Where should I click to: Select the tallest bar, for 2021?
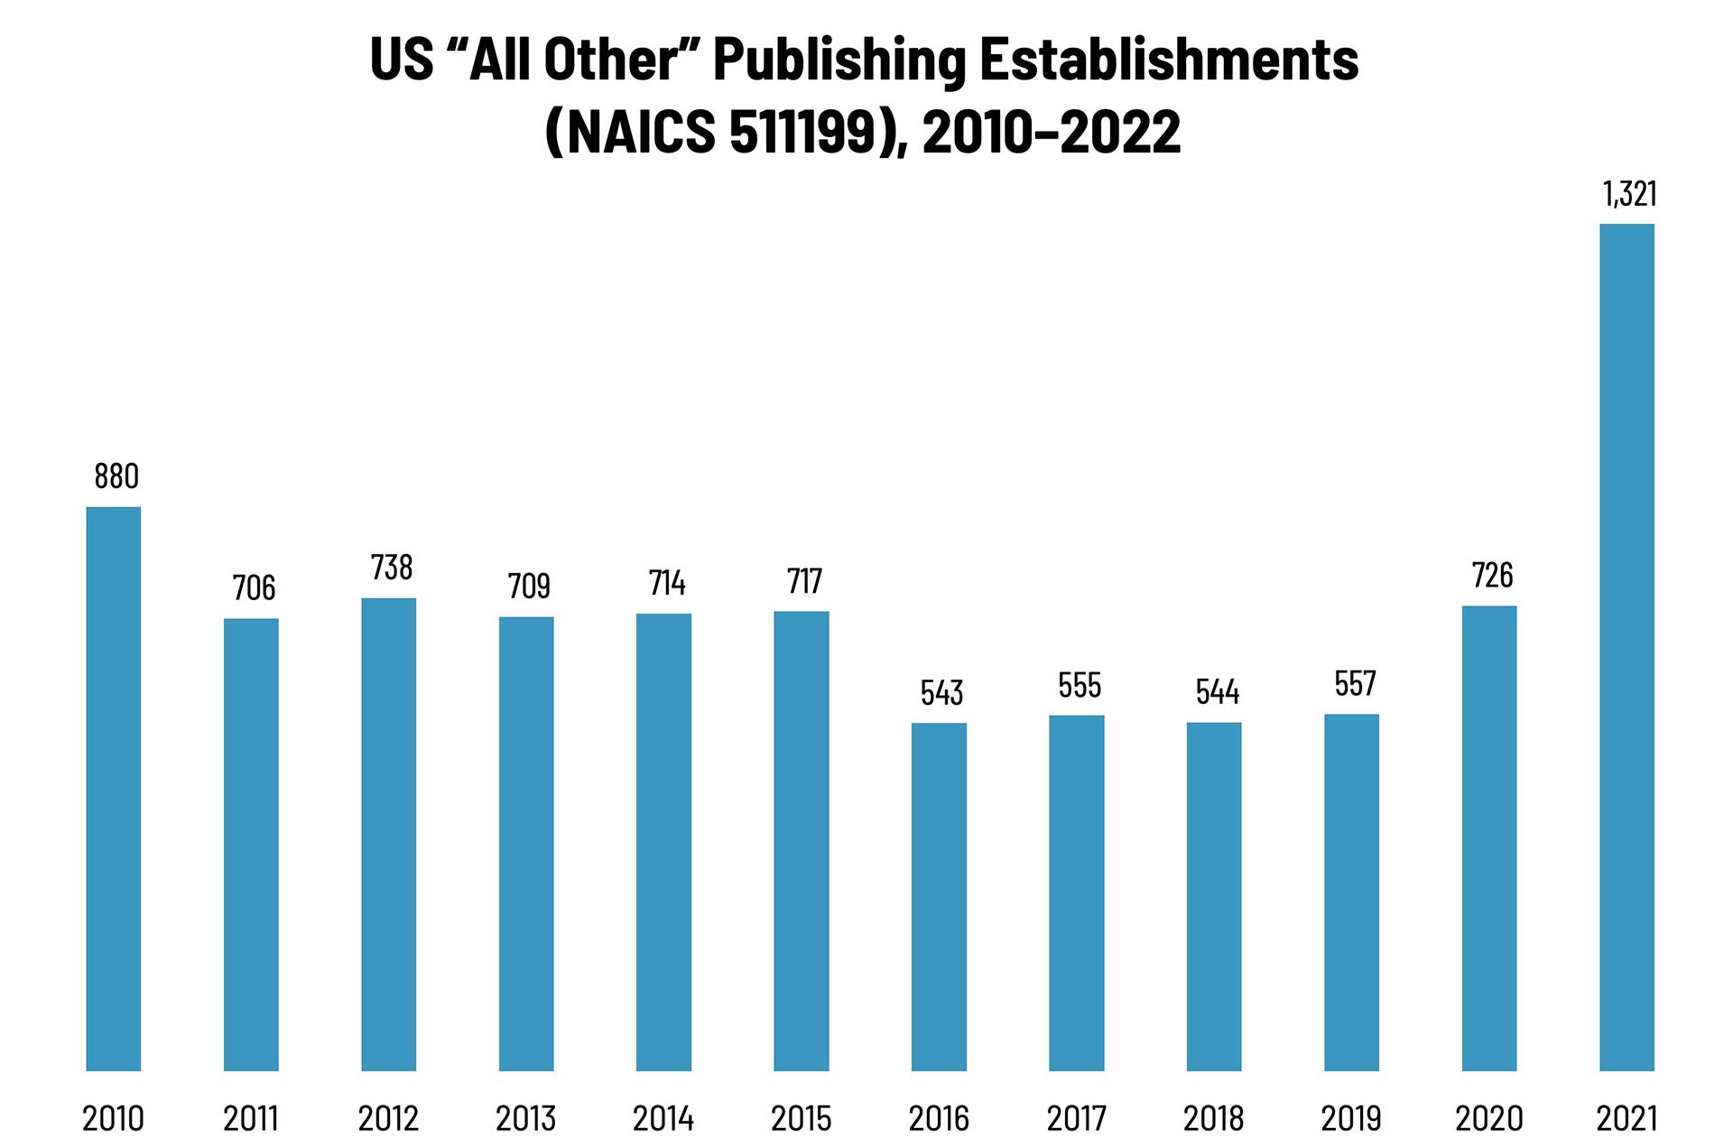click(x=1626, y=647)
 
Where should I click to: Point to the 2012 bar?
click(x=389, y=834)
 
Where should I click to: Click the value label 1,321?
click(x=1629, y=194)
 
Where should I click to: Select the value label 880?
click(x=116, y=476)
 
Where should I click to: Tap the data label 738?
click(x=392, y=568)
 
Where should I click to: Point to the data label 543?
click(x=941, y=693)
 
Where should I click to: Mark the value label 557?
click(x=1355, y=684)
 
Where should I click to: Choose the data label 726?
click(x=1492, y=576)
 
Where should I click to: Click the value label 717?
click(x=804, y=582)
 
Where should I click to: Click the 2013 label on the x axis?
click(x=526, y=1119)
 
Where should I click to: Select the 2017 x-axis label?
click(x=1077, y=1119)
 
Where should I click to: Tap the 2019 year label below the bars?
click(x=1351, y=1119)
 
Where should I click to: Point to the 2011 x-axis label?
click(x=251, y=1119)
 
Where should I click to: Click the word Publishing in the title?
click(x=839, y=61)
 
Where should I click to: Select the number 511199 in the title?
click(x=802, y=132)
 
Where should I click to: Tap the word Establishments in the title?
click(x=1169, y=60)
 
